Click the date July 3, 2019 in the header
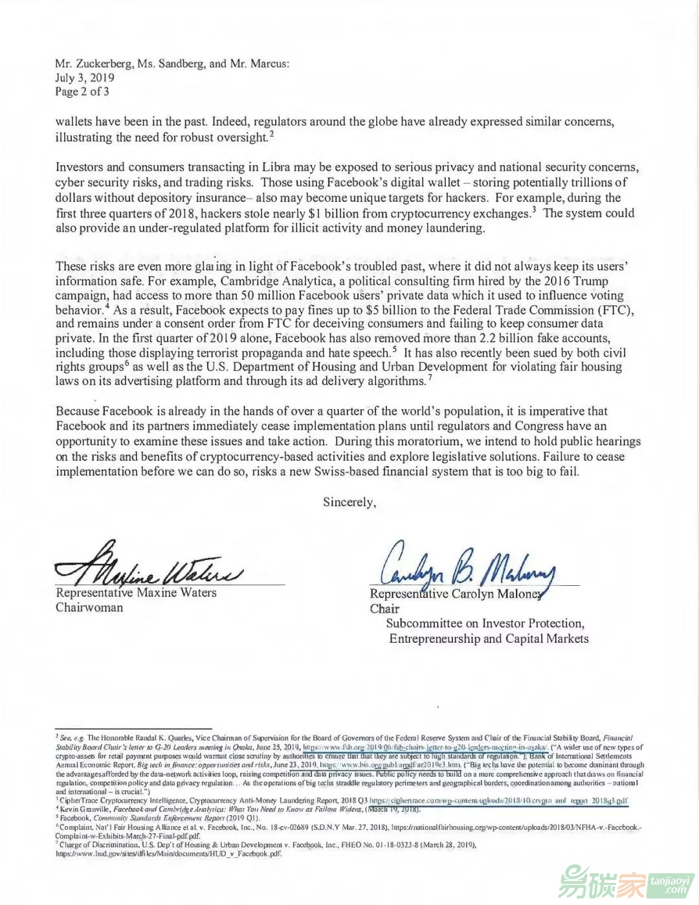pyautogui.click(x=85, y=78)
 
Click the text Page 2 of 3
pyautogui.click(x=82, y=92)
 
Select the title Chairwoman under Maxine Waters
pyautogui.click(x=89, y=608)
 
